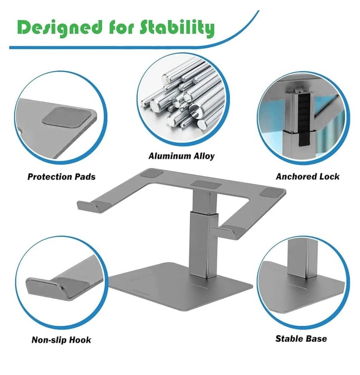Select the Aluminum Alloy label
(182, 156)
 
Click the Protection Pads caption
(61, 177)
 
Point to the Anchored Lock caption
(308, 177)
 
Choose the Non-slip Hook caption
(61, 340)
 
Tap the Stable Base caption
(301, 338)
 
